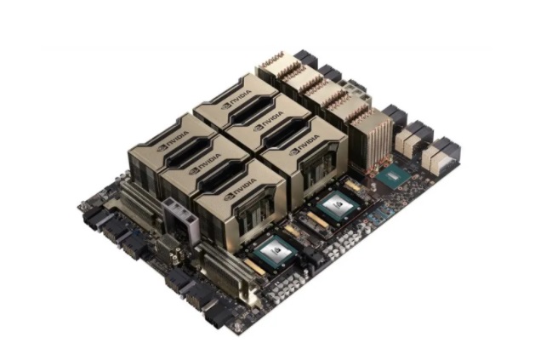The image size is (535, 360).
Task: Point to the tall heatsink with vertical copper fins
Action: [x=372, y=136]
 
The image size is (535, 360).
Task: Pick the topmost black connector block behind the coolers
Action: [x=306, y=58]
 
